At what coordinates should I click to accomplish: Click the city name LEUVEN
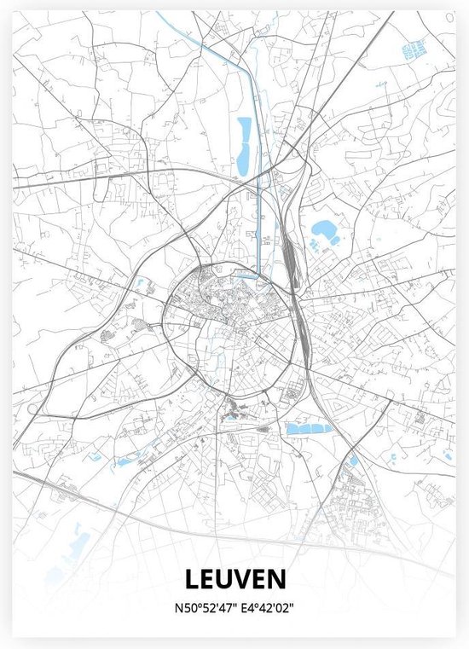pos(234,580)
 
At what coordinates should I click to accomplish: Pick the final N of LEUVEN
pos(276,580)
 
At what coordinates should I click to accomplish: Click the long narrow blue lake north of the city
pos(244,143)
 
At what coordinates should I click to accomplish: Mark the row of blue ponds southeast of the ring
pos(309,429)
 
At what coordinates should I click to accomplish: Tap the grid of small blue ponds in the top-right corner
pos(415,51)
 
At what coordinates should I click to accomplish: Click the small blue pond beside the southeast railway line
pos(354,461)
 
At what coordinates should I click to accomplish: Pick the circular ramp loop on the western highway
pos(34,410)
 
